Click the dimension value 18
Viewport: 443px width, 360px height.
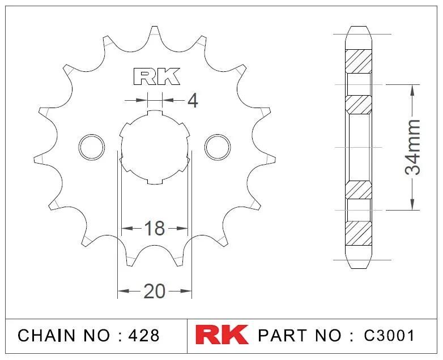(x=154, y=229)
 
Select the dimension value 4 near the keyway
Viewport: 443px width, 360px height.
(x=192, y=101)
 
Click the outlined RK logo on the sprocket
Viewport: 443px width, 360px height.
(x=156, y=77)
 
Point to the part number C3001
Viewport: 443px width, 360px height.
(x=389, y=335)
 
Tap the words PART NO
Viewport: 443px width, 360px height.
(x=300, y=335)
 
